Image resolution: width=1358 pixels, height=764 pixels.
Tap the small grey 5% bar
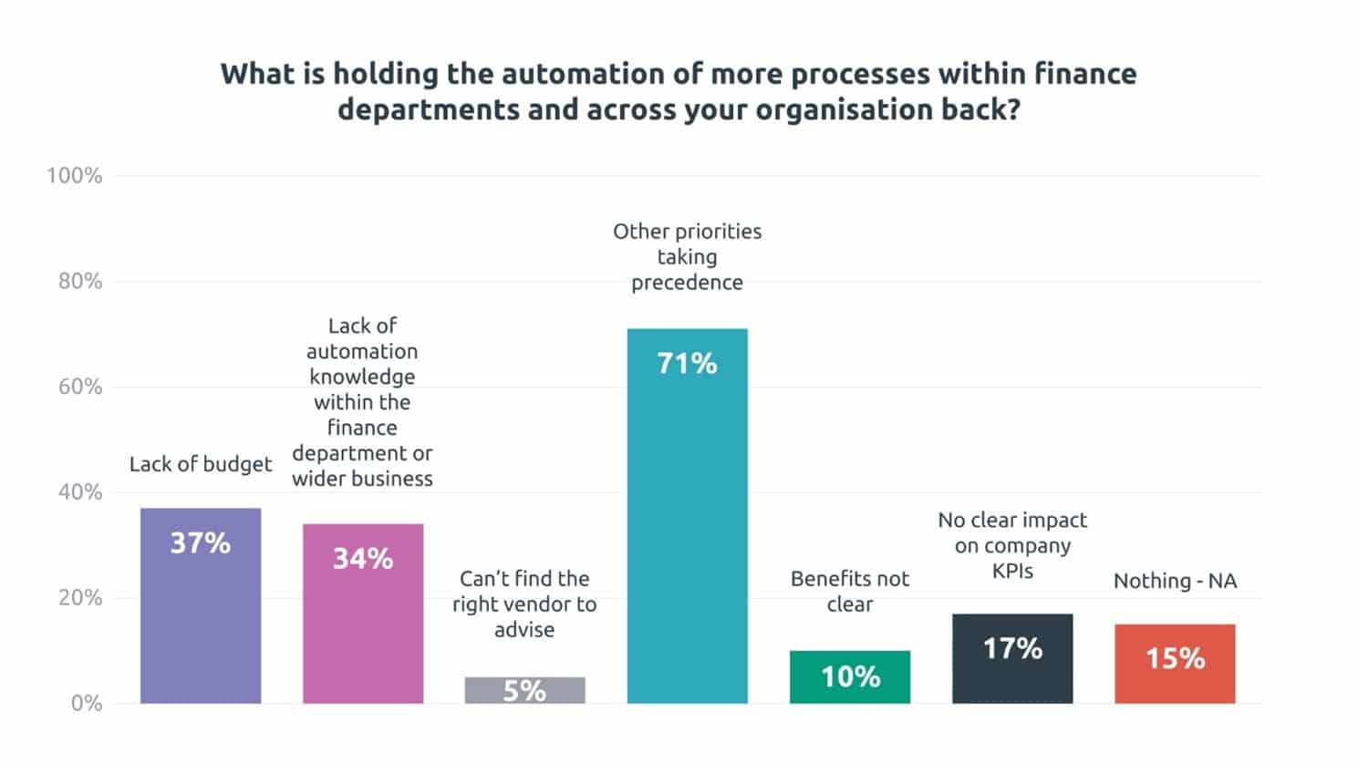[x=524, y=690]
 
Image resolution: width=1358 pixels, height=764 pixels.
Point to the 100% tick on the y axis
[x=75, y=176]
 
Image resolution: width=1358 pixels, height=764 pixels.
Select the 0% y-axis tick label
[x=87, y=703]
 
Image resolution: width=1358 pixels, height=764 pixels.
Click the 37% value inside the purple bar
[x=201, y=543]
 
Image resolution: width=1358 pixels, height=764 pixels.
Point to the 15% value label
[x=1175, y=658]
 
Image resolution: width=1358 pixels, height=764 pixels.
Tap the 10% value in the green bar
[x=850, y=676]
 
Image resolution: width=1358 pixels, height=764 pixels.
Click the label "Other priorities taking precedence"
[x=687, y=257]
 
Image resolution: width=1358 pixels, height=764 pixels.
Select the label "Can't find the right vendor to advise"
[x=524, y=604]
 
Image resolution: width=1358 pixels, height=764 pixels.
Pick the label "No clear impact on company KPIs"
[x=1012, y=545]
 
